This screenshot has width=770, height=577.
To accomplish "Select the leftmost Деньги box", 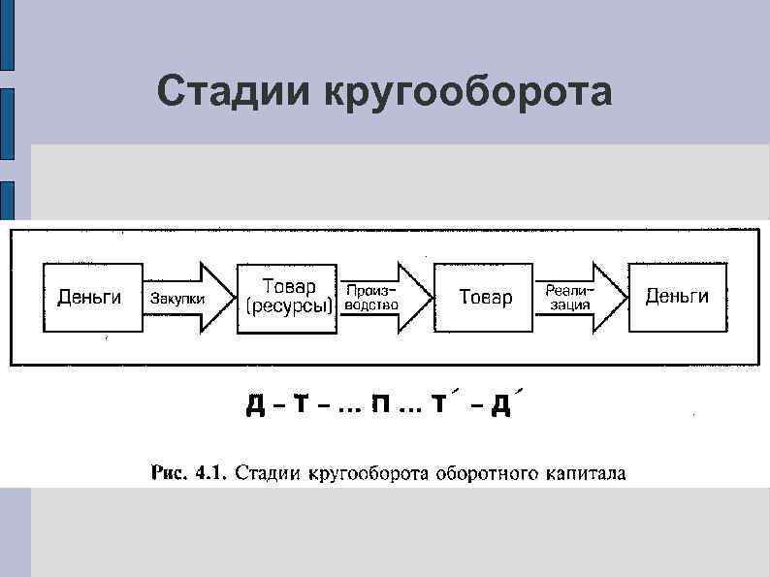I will (90, 297).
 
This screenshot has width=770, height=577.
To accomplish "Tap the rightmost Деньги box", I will (677, 296).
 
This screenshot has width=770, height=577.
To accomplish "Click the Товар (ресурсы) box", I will (288, 297).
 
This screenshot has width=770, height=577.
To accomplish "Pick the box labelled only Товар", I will (485, 297).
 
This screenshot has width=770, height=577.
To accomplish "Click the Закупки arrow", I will (188, 298).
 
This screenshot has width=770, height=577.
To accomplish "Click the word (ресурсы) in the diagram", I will (289, 307).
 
